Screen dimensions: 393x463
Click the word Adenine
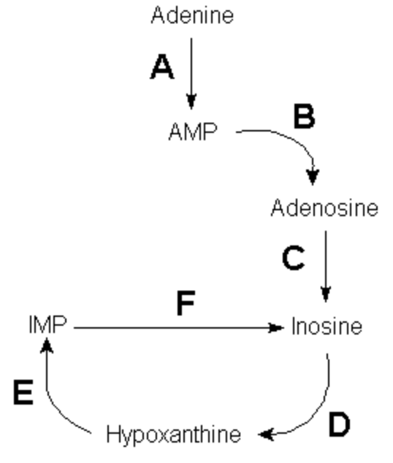point(192,15)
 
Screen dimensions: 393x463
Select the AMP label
point(193,131)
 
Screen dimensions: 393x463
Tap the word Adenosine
point(324,208)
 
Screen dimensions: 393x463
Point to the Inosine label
point(327,326)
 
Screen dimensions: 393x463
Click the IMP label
point(47,325)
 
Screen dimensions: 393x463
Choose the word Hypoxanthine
point(174,435)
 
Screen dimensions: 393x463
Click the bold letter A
point(162,67)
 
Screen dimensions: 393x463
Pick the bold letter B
point(305,116)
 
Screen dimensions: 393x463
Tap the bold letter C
point(293,258)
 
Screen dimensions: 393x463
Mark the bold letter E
point(23,392)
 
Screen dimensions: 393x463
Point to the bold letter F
point(186,302)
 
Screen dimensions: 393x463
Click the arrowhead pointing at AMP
point(191,102)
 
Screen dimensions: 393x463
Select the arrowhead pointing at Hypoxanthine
point(266,434)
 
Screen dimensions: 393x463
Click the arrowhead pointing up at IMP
point(47,345)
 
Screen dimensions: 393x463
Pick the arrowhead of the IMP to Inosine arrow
point(276,327)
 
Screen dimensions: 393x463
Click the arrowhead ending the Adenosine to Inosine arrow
point(326,294)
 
